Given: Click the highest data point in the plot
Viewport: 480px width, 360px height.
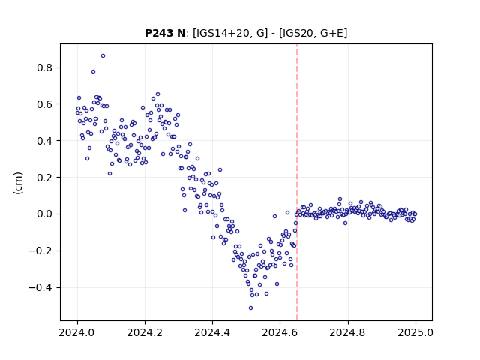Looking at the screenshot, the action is pos(103,56).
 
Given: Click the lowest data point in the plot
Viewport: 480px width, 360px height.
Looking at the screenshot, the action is pos(250,308).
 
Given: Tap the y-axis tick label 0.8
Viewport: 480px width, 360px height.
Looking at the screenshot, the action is pos(44,67).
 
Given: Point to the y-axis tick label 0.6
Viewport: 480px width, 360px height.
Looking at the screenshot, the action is pos(44,104).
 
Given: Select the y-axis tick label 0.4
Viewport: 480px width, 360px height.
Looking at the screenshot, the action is pos(44,141).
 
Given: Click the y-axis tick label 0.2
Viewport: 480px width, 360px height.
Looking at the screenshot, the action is pos(44,178).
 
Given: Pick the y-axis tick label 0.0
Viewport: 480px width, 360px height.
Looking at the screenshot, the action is pos(44,214).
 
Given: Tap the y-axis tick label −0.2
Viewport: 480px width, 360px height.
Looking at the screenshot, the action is pos(40,251).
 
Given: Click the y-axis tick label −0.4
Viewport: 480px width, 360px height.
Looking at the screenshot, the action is pos(40,287).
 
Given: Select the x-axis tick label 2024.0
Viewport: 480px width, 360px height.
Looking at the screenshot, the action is pos(77,332).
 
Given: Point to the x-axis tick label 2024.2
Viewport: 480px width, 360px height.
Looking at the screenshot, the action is pos(145,332).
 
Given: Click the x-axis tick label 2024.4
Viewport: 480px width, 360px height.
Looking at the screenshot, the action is pos(212,332).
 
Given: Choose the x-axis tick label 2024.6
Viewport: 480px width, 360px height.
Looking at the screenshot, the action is pos(280,332).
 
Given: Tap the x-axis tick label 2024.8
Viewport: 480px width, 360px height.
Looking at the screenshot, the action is pos(347,332).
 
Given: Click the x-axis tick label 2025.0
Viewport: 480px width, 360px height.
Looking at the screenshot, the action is pos(415,332).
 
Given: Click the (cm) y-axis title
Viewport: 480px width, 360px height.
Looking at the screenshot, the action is pos(18,183).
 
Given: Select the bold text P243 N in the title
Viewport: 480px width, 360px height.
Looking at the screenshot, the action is pos(165,33).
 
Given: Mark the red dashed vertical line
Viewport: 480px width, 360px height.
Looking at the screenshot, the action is pos(297,182).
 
